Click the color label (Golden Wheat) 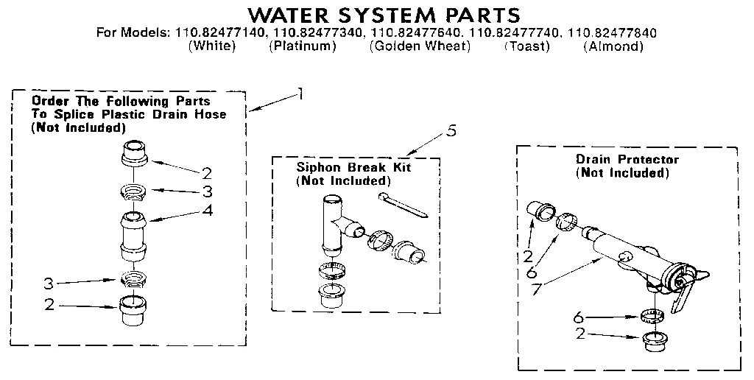click(x=420, y=47)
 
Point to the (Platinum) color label click(x=303, y=47)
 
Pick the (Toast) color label click(x=527, y=47)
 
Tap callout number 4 click(x=208, y=210)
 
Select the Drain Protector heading click(x=627, y=159)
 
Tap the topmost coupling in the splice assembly click(x=133, y=155)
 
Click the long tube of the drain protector click(x=619, y=250)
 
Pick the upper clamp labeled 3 click(x=133, y=193)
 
